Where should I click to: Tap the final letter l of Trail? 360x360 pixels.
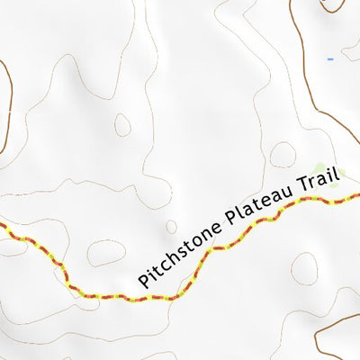tap(338, 173)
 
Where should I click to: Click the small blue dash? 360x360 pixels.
tap(330, 59)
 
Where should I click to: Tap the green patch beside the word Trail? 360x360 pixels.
tap(321, 167)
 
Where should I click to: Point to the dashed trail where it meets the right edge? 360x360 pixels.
tap(356, 195)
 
